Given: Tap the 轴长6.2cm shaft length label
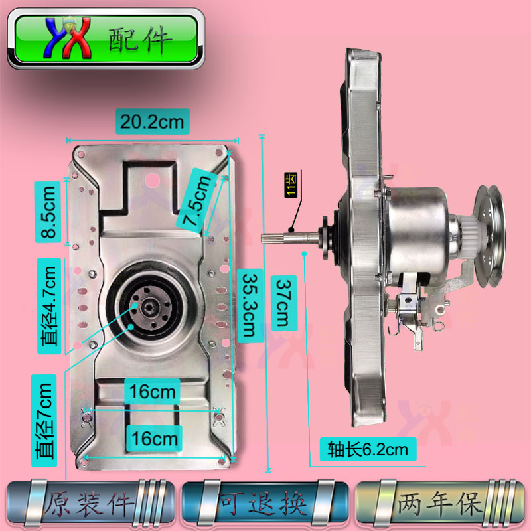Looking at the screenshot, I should [x=368, y=449].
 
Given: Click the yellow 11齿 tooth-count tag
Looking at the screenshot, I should [x=290, y=185].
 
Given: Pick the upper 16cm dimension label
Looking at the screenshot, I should [x=152, y=392].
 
